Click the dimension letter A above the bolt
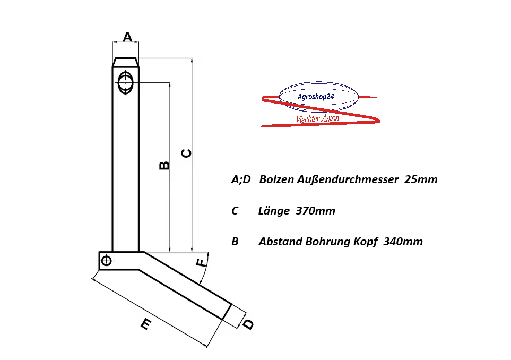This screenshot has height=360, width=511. pos(127,37)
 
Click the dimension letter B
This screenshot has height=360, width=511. pos(164,165)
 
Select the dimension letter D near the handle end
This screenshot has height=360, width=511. pos(248,323)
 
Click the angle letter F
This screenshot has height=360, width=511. pos(201,263)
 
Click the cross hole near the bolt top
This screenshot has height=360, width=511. pos(126,83)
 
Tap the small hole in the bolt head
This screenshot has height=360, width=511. pos(107,260)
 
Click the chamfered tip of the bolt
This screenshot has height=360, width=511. pos(126,62)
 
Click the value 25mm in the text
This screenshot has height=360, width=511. pos(421,179)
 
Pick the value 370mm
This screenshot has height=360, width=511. pos(315,211)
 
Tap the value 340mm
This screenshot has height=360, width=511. pos(403,242)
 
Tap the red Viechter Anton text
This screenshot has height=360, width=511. pos(317,119)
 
